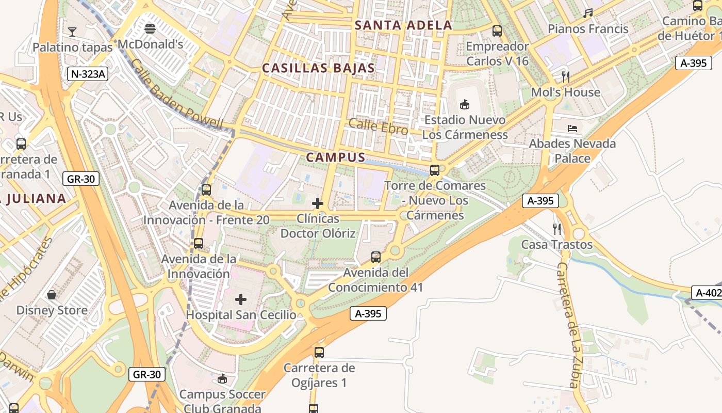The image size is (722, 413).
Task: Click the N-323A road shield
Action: (x=87, y=74)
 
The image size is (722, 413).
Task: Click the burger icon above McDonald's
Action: (x=150, y=29)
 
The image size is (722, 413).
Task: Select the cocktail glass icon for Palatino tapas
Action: (x=72, y=32)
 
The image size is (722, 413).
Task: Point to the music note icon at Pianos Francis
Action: (x=588, y=13)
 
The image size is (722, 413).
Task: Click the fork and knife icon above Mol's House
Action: (x=566, y=77)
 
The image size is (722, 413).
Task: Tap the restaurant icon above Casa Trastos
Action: (x=556, y=229)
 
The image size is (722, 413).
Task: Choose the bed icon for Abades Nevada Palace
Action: (x=572, y=128)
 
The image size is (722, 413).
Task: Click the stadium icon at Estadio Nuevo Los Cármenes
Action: (x=464, y=104)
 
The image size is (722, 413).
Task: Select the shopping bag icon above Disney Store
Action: (x=52, y=295)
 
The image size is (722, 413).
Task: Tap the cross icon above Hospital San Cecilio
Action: (x=241, y=299)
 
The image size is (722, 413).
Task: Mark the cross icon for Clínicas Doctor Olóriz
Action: (x=318, y=203)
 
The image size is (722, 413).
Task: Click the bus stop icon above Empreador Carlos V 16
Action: (x=497, y=31)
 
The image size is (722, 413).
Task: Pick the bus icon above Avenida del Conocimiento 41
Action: (x=376, y=257)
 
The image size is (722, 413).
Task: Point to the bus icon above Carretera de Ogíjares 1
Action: (x=319, y=353)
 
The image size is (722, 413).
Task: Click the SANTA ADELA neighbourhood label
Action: (x=403, y=25)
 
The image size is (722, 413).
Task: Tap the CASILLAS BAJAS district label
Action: (x=318, y=68)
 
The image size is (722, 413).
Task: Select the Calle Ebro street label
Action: (x=378, y=126)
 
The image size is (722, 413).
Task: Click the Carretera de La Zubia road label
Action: (x=568, y=325)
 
